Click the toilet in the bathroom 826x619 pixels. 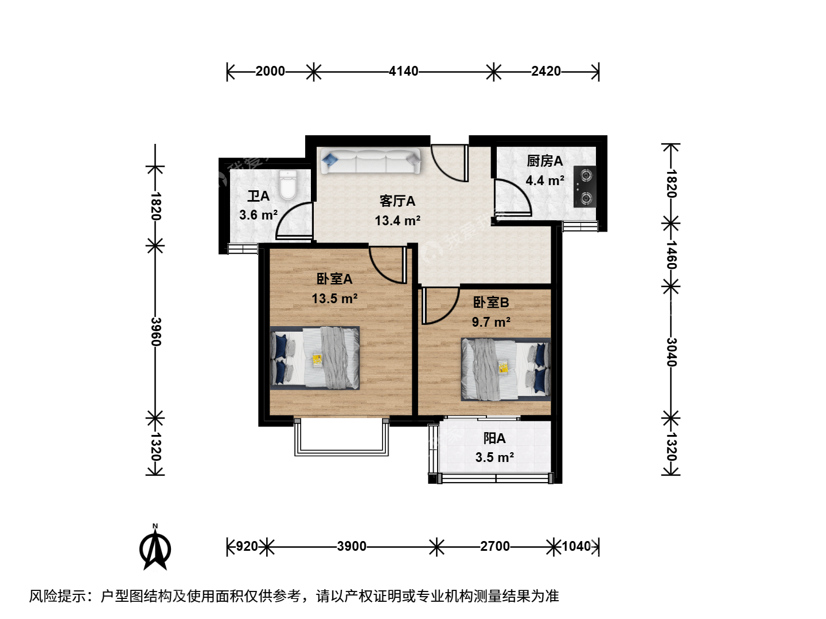pyautogui.click(x=289, y=185)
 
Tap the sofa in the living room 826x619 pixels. pyautogui.click(x=371, y=161)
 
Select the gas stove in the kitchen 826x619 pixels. pyautogui.click(x=585, y=186)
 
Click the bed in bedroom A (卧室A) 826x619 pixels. pyautogui.click(x=314, y=358)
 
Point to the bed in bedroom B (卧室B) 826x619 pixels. pyautogui.click(x=506, y=369)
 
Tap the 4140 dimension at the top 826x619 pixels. pyautogui.click(x=403, y=71)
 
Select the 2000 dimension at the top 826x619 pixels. pyautogui.click(x=270, y=71)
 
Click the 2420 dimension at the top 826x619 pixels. pyautogui.click(x=546, y=71)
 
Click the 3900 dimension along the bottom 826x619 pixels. pyautogui.click(x=352, y=546)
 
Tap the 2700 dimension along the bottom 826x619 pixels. pyautogui.click(x=495, y=546)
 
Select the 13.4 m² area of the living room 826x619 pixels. pyautogui.click(x=398, y=221)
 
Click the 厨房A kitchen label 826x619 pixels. pyautogui.click(x=544, y=161)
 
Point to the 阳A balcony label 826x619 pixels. pyautogui.click(x=494, y=438)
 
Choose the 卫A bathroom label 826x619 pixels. pyautogui.click(x=258, y=196)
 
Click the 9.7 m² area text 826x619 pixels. pyautogui.click(x=491, y=322)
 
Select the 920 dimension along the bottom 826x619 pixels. pyautogui.click(x=247, y=546)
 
